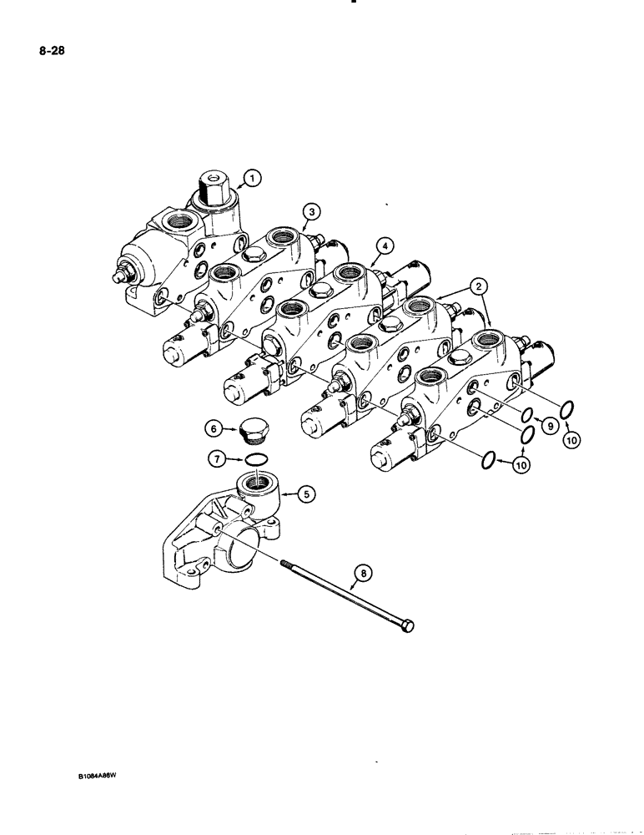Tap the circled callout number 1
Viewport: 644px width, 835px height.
(253, 176)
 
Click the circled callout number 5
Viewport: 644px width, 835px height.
(307, 494)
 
